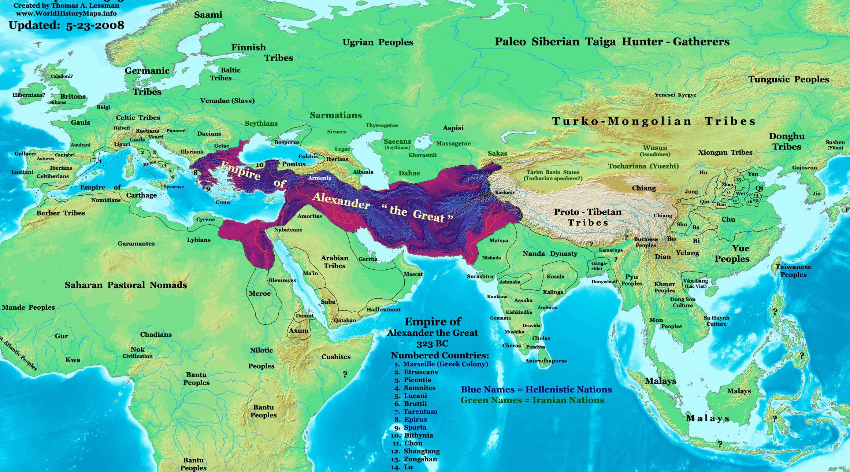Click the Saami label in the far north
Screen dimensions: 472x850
pos(208,15)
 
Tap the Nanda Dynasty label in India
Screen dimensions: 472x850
pos(550,254)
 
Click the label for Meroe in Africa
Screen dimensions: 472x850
pos(259,294)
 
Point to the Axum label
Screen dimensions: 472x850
pos(298,331)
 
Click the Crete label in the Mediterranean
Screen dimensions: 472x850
pos(222,202)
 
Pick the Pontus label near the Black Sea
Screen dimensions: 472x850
pos(293,164)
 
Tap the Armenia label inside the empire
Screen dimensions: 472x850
pos(319,178)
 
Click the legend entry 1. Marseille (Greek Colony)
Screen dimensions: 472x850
pos(441,364)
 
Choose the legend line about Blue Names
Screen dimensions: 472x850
pos(536,390)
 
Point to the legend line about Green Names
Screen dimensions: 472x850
pos(532,400)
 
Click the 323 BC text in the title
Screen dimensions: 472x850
pos(432,344)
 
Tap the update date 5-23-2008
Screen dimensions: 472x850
pos(95,25)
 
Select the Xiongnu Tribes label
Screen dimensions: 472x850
pos(725,152)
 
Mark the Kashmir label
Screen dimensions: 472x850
pos(505,192)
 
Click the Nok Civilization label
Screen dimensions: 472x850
pos(137,353)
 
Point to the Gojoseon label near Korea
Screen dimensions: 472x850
pos(804,167)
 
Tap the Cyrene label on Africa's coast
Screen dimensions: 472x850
pos(205,220)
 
